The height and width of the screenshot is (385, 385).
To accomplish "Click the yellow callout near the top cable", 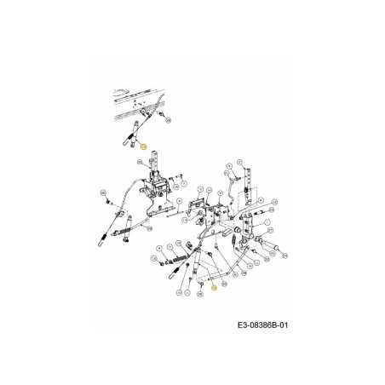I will pos(144,148).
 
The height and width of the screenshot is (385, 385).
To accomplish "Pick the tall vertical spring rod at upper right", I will pos(247,183).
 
